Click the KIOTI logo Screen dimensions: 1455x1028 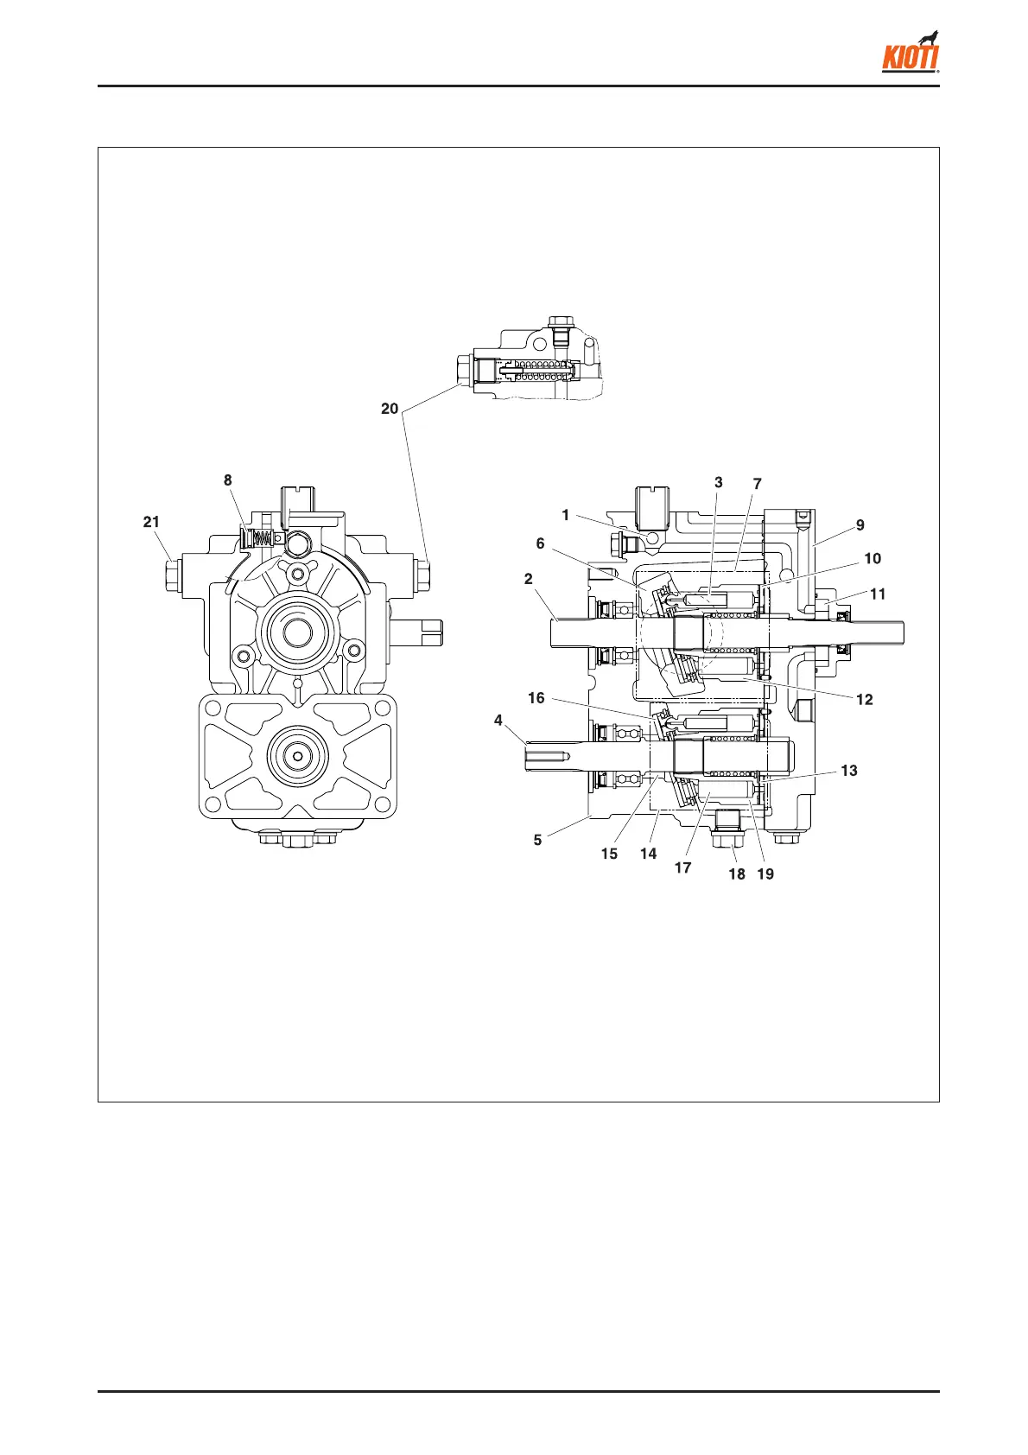[x=911, y=54]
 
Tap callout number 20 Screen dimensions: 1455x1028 [x=390, y=409]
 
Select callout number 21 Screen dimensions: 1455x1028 [x=151, y=522]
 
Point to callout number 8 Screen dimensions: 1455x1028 [x=228, y=480]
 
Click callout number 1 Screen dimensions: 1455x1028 [x=566, y=515]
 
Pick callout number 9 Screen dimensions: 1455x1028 [x=860, y=524]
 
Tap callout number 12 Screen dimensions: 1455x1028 [x=865, y=700]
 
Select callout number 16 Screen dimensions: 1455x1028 [x=536, y=698]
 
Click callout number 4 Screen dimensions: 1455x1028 [x=498, y=720]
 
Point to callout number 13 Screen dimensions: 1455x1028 [x=849, y=771]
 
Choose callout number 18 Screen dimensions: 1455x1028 [x=737, y=874]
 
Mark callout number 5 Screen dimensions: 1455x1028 [x=537, y=840]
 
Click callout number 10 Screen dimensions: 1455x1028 [x=873, y=558]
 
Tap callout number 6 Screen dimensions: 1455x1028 [x=541, y=543]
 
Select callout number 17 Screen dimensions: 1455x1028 [x=682, y=867]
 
